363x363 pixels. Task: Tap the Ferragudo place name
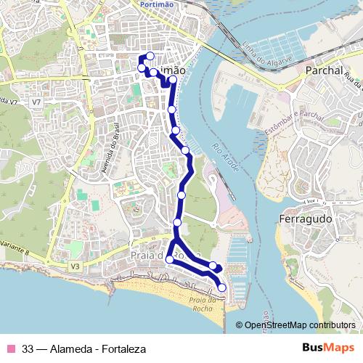pos(305,219)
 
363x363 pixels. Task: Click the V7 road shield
pos(36,103)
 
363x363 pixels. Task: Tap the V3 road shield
pos(75,267)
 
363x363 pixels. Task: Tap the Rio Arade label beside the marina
pos(222,156)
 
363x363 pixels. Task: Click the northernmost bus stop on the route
pos(150,56)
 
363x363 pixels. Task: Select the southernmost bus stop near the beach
pos(221,288)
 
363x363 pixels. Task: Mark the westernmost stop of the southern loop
pos(170,259)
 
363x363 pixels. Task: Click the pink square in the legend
pos(11,348)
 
